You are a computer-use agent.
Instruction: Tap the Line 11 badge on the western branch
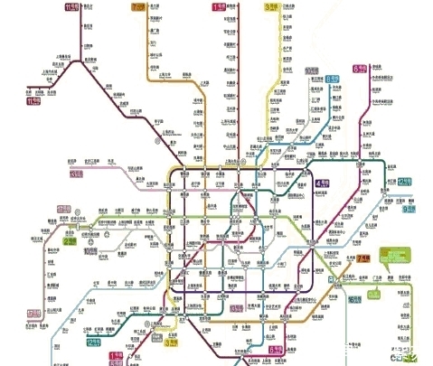pos(34,101)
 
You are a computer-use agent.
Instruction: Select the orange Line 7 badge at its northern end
pos(137,7)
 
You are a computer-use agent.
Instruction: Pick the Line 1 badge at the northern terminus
pos(218,7)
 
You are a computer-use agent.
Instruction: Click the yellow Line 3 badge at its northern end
pos(270,7)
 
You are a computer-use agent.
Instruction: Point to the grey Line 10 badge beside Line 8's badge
pos(311,70)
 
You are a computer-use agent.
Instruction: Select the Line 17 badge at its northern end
pos(62,210)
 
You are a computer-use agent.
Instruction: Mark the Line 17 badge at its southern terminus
pos(34,314)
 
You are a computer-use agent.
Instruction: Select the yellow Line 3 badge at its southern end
pos(171,343)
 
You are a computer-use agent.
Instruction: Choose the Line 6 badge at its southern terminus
pos(276,348)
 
